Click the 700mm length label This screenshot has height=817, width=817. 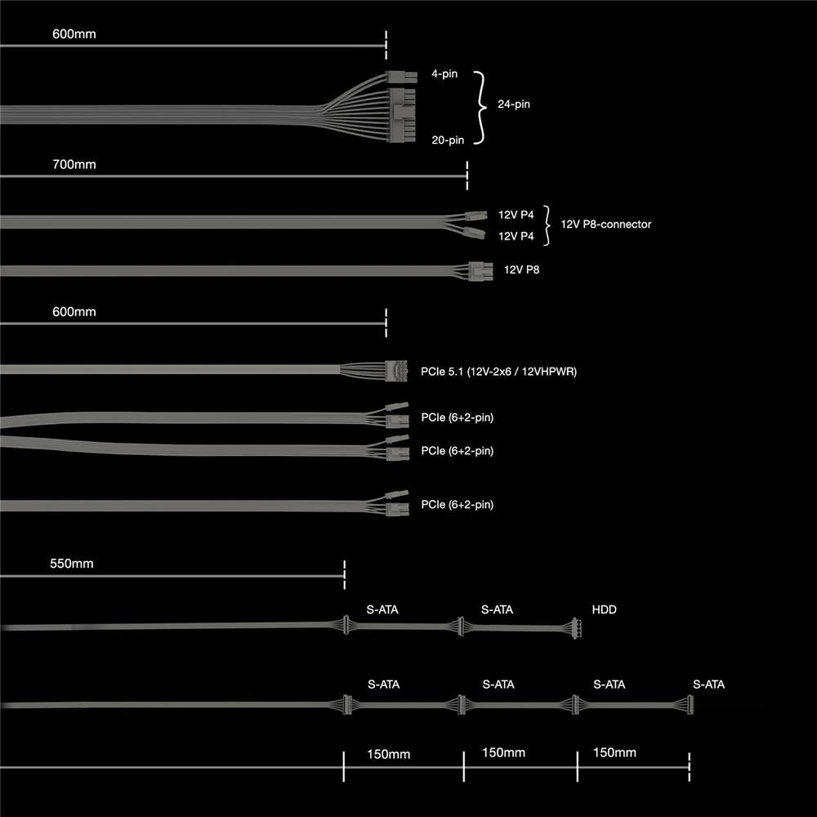click(x=74, y=165)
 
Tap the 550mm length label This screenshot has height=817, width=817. click(x=73, y=564)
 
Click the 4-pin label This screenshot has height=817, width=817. click(x=444, y=74)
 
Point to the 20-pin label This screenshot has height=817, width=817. click(x=448, y=140)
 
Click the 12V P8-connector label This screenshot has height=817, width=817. click(x=606, y=224)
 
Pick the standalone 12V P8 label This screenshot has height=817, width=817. click(x=521, y=269)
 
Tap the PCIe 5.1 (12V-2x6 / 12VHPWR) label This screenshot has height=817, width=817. click(x=499, y=372)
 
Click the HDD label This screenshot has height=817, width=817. click(x=605, y=609)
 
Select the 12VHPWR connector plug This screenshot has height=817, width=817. click(x=396, y=369)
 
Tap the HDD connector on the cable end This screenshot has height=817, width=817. click(x=574, y=629)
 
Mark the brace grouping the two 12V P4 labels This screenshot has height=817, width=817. click(x=547, y=224)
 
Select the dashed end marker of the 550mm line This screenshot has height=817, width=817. click(x=345, y=574)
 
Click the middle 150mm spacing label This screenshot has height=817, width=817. click(x=504, y=752)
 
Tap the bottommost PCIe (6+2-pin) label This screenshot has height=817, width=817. click(x=458, y=505)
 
